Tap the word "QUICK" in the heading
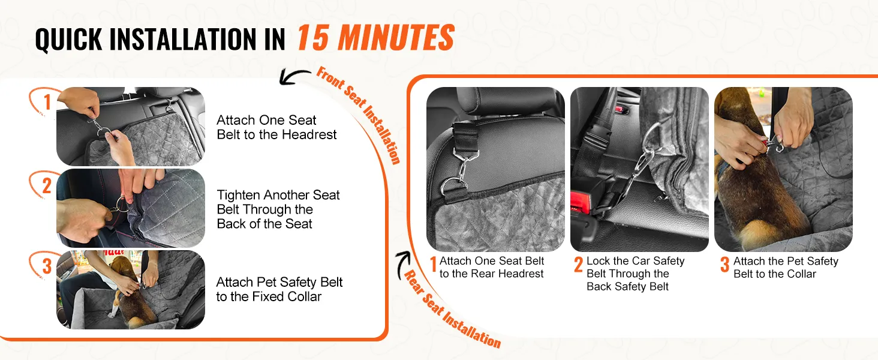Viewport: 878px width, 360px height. click(69, 39)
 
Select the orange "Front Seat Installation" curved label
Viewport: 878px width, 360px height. click(359, 115)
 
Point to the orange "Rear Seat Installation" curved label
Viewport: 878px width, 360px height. click(452, 310)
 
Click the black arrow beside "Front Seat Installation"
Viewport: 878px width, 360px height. click(293, 76)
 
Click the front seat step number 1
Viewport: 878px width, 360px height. click(47, 102)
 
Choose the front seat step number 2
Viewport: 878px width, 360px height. click(47, 185)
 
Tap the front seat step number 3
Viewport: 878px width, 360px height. click(47, 266)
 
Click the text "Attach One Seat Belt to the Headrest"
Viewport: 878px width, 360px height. click(276, 127)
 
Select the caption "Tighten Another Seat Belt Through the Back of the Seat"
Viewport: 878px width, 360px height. click(278, 209)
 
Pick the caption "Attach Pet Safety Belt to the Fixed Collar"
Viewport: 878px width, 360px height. click(279, 289)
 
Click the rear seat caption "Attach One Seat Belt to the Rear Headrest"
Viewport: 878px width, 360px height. click(492, 267)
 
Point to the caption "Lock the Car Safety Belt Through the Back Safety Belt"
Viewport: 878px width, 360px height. click(635, 274)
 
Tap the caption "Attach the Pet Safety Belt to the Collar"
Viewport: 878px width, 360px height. click(786, 268)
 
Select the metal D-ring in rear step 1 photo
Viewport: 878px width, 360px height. click(453, 186)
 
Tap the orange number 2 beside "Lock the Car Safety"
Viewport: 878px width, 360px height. click(579, 265)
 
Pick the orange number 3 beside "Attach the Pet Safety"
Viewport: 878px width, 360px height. click(724, 265)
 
